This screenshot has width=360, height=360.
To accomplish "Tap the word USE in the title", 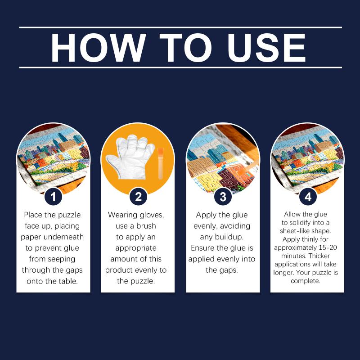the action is point(266,48).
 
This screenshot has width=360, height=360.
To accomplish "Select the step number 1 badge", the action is point(53,197).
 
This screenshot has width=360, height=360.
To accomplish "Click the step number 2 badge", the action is point(138,197).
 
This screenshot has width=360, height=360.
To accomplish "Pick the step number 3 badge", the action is point(223,197).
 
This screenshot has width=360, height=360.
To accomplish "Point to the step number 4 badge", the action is point(308,197).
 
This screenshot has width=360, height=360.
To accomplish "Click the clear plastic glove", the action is point(130,157).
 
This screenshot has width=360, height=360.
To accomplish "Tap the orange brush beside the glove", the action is point(161,163).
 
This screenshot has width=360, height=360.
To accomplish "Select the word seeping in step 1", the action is point(62,260).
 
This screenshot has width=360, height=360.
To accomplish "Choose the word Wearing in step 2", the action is point(122,215).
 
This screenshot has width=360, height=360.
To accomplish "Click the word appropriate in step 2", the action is point(136,248).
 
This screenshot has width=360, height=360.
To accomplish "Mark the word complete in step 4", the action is point(306,281).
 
